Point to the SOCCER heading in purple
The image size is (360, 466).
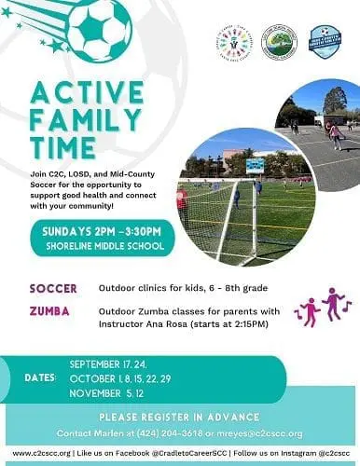point(53,289)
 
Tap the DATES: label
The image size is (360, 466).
point(43,377)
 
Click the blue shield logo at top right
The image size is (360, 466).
point(325,42)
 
